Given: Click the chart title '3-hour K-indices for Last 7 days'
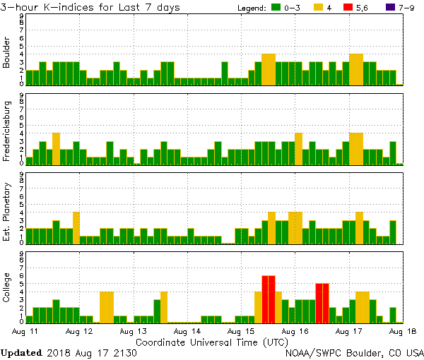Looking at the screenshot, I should coord(90,7).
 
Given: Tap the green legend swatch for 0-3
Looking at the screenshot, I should coord(274,8).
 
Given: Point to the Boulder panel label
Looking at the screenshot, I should coord(7,53).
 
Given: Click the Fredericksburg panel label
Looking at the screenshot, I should coord(7,132).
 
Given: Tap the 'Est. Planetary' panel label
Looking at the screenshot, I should coord(7,211).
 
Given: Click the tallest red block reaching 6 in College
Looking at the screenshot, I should coord(269,298).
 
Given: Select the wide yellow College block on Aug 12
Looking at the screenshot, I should coord(107,306).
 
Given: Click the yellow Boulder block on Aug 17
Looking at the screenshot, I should coord(356,69).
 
